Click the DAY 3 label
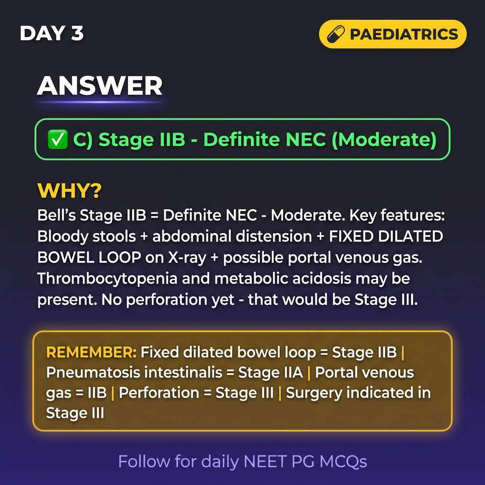(x=52, y=33)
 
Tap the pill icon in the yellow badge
(x=336, y=34)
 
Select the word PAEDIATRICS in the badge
(x=404, y=34)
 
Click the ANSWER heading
(x=99, y=86)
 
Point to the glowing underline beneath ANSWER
(x=99, y=102)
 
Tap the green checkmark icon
(x=57, y=139)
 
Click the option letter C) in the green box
(x=83, y=140)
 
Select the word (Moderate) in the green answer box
(x=384, y=140)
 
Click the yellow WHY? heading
(x=69, y=190)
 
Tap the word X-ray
(x=187, y=258)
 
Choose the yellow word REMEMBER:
(x=91, y=352)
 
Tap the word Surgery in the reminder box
(x=314, y=393)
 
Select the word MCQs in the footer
(x=343, y=461)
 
